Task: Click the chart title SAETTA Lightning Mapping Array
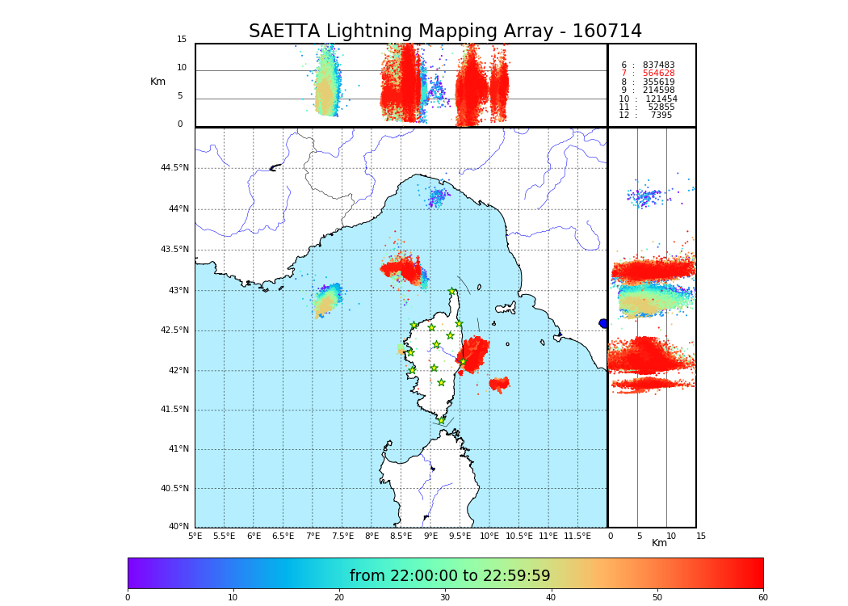(x=445, y=32)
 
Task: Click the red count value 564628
(x=658, y=74)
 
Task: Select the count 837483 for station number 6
(x=658, y=65)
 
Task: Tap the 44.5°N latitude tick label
(x=174, y=168)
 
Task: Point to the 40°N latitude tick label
(x=178, y=527)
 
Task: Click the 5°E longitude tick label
(x=195, y=536)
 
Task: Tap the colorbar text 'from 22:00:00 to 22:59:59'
(x=450, y=576)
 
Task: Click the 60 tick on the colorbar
(x=762, y=598)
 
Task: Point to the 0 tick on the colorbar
(x=128, y=598)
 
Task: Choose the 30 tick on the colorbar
(x=445, y=598)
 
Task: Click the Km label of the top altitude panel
(x=157, y=82)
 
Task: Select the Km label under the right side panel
(x=660, y=543)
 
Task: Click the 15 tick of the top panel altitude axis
(x=182, y=40)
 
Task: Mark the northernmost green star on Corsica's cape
(x=452, y=292)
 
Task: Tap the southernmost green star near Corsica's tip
(x=441, y=420)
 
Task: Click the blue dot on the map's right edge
(x=603, y=323)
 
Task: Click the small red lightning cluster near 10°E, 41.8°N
(x=499, y=384)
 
